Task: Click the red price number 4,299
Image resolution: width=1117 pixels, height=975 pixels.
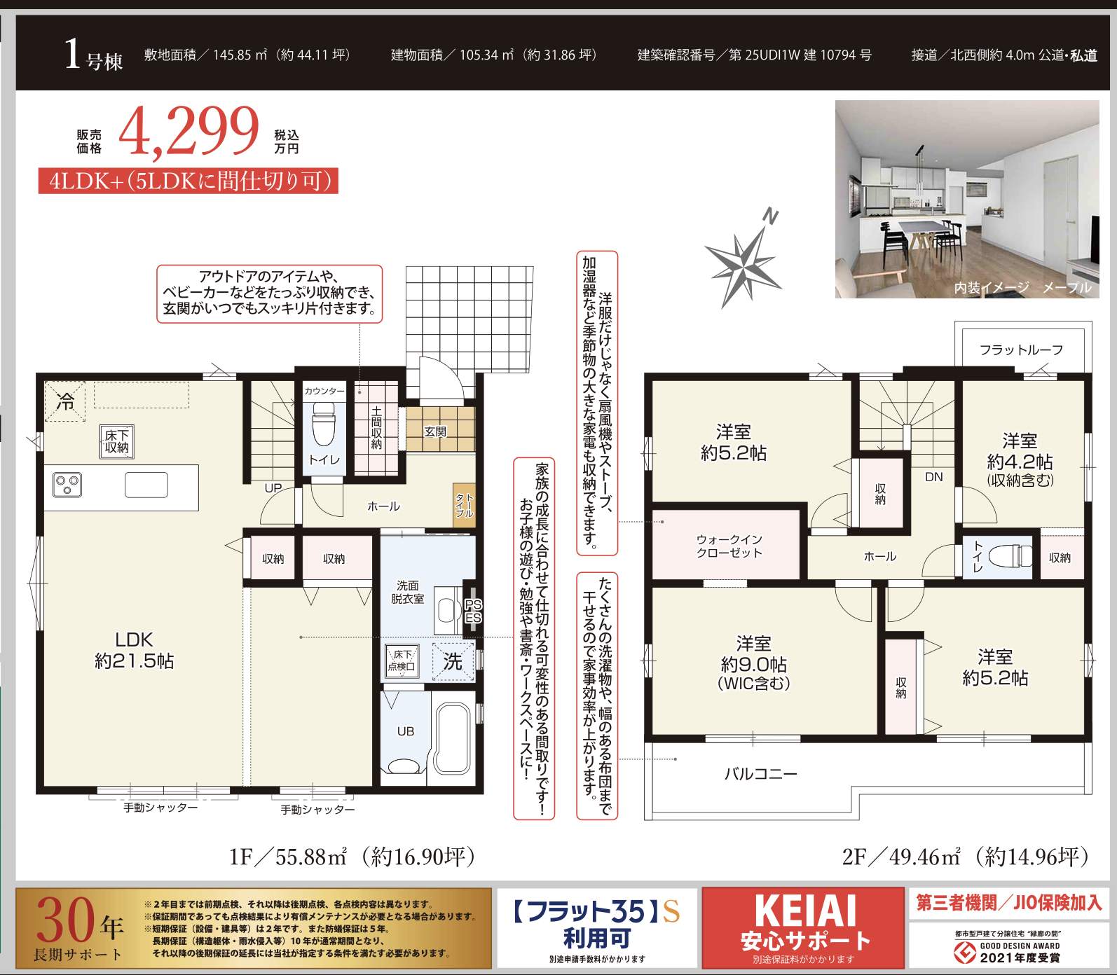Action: [x=189, y=132]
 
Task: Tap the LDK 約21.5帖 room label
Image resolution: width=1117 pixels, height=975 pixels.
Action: [x=134, y=650]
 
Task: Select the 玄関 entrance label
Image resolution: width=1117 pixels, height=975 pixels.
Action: [x=435, y=431]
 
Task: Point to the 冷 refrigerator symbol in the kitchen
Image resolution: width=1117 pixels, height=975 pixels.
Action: [x=65, y=401]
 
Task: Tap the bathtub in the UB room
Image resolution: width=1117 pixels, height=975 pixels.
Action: [x=452, y=738]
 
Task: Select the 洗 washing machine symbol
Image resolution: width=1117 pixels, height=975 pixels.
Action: [x=453, y=661]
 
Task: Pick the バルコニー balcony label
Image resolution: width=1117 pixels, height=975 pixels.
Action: [x=760, y=774]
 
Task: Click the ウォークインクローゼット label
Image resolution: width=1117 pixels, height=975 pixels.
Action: [x=729, y=546]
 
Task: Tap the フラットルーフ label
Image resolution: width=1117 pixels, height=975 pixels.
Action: [x=1021, y=350]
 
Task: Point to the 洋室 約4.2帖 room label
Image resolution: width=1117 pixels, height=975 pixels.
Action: [x=1020, y=459]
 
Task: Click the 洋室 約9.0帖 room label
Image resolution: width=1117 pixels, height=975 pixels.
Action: [x=753, y=663]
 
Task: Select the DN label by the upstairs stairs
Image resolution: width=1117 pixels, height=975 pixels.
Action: [x=934, y=477]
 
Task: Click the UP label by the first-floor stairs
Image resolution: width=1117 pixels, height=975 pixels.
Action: [x=273, y=488]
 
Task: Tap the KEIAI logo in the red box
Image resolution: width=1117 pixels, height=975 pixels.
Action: [x=805, y=911]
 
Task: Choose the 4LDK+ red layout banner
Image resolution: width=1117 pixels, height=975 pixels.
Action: [x=189, y=181]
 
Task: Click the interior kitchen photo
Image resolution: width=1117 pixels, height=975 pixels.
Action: [x=967, y=199]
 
